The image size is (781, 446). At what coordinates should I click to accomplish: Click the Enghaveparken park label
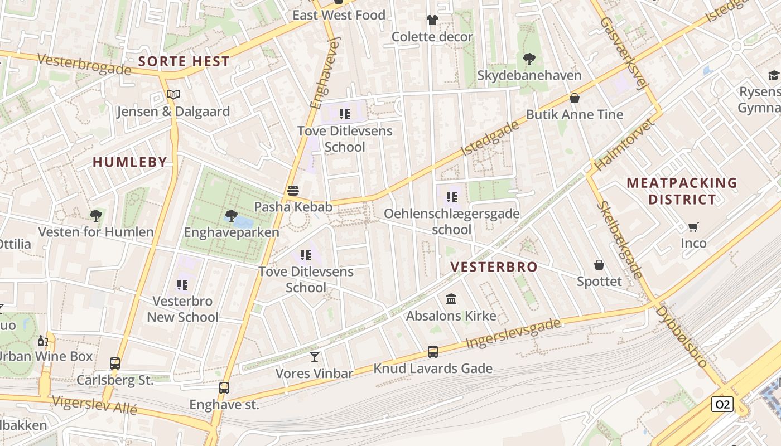coord(232,232)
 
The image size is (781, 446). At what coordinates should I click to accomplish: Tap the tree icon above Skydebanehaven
coord(529,59)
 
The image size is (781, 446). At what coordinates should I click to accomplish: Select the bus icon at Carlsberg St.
coord(115,363)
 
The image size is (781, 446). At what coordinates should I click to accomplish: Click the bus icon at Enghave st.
coord(224,388)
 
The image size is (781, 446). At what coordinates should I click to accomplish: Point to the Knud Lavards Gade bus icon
coord(433,352)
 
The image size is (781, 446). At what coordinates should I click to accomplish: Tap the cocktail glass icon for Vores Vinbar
coord(315,356)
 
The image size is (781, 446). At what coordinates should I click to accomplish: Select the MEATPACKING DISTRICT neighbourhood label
coord(682,191)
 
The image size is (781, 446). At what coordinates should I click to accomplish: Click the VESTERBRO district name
coord(494,267)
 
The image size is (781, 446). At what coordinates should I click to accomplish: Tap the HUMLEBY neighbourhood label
coord(129,162)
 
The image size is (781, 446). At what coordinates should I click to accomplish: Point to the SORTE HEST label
coord(184,61)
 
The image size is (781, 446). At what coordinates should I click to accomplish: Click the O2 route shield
coord(722,404)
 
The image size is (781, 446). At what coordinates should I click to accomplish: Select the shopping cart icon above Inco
coord(693,227)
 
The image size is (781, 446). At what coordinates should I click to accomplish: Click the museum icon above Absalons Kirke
coord(451,300)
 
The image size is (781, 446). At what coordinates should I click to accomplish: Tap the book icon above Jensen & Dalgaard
coord(173,95)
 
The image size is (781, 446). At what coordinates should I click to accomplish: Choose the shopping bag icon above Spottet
coord(599,265)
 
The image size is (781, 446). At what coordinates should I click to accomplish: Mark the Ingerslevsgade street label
coord(513,333)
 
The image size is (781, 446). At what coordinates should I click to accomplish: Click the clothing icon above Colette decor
coord(432,21)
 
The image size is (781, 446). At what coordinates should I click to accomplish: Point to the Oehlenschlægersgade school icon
coord(452,197)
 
